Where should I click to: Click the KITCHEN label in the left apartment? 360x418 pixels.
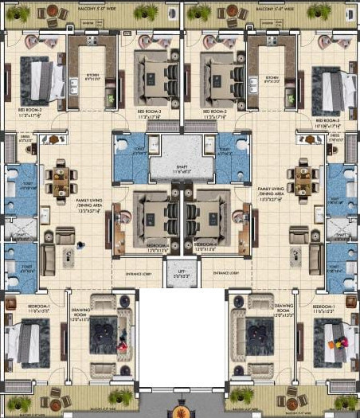[93, 78]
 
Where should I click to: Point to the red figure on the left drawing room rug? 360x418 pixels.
[121, 347]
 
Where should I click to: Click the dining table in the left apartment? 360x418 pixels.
[61, 181]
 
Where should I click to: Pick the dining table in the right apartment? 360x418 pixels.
[303, 181]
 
